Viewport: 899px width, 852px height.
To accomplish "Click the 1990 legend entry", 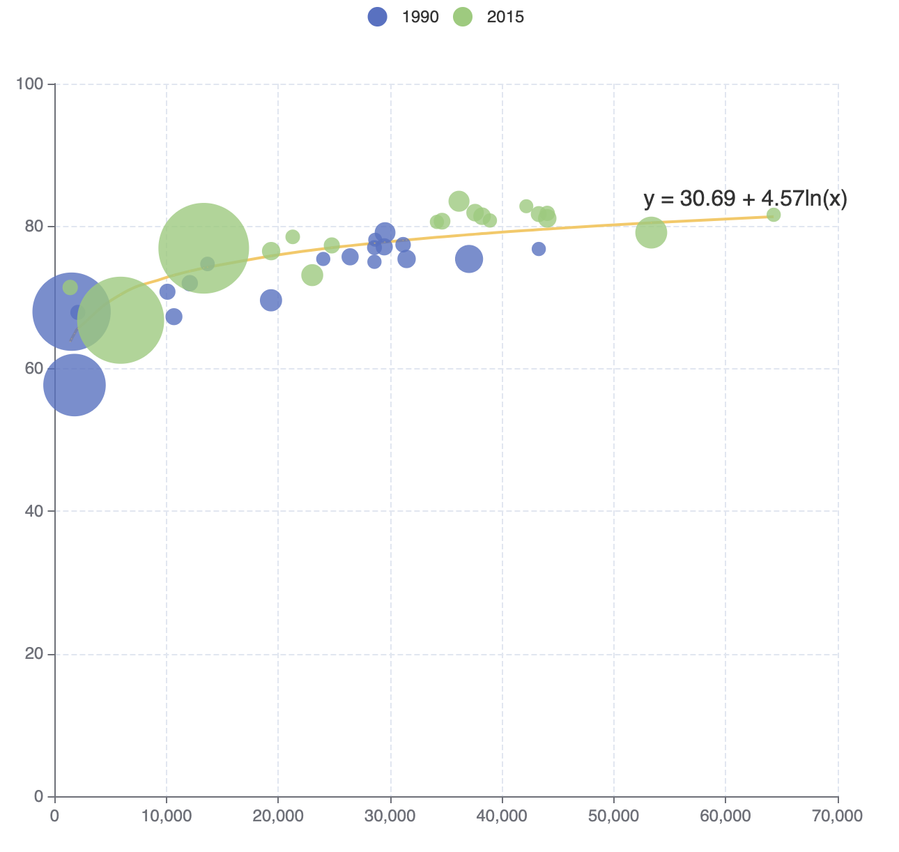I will pyautogui.click(x=404, y=17).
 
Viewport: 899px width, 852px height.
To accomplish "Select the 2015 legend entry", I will pyautogui.click(x=489, y=17).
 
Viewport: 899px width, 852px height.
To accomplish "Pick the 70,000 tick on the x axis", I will pyautogui.click(x=838, y=815).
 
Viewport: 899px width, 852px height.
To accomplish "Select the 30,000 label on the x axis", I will pyautogui.click(x=390, y=815).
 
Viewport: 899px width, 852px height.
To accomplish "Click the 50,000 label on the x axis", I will pyautogui.click(x=614, y=815).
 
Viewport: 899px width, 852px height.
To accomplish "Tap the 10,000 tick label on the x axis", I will pyautogui.click(x=167, y=815).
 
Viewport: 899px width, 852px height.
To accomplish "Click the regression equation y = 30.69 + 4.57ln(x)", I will pyautogui.click(x=745, y=199).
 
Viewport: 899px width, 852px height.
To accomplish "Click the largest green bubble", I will pyautogui.click(x=203, y=248).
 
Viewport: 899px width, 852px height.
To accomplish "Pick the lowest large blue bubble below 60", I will pyautogui.click(x=75, y=385).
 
